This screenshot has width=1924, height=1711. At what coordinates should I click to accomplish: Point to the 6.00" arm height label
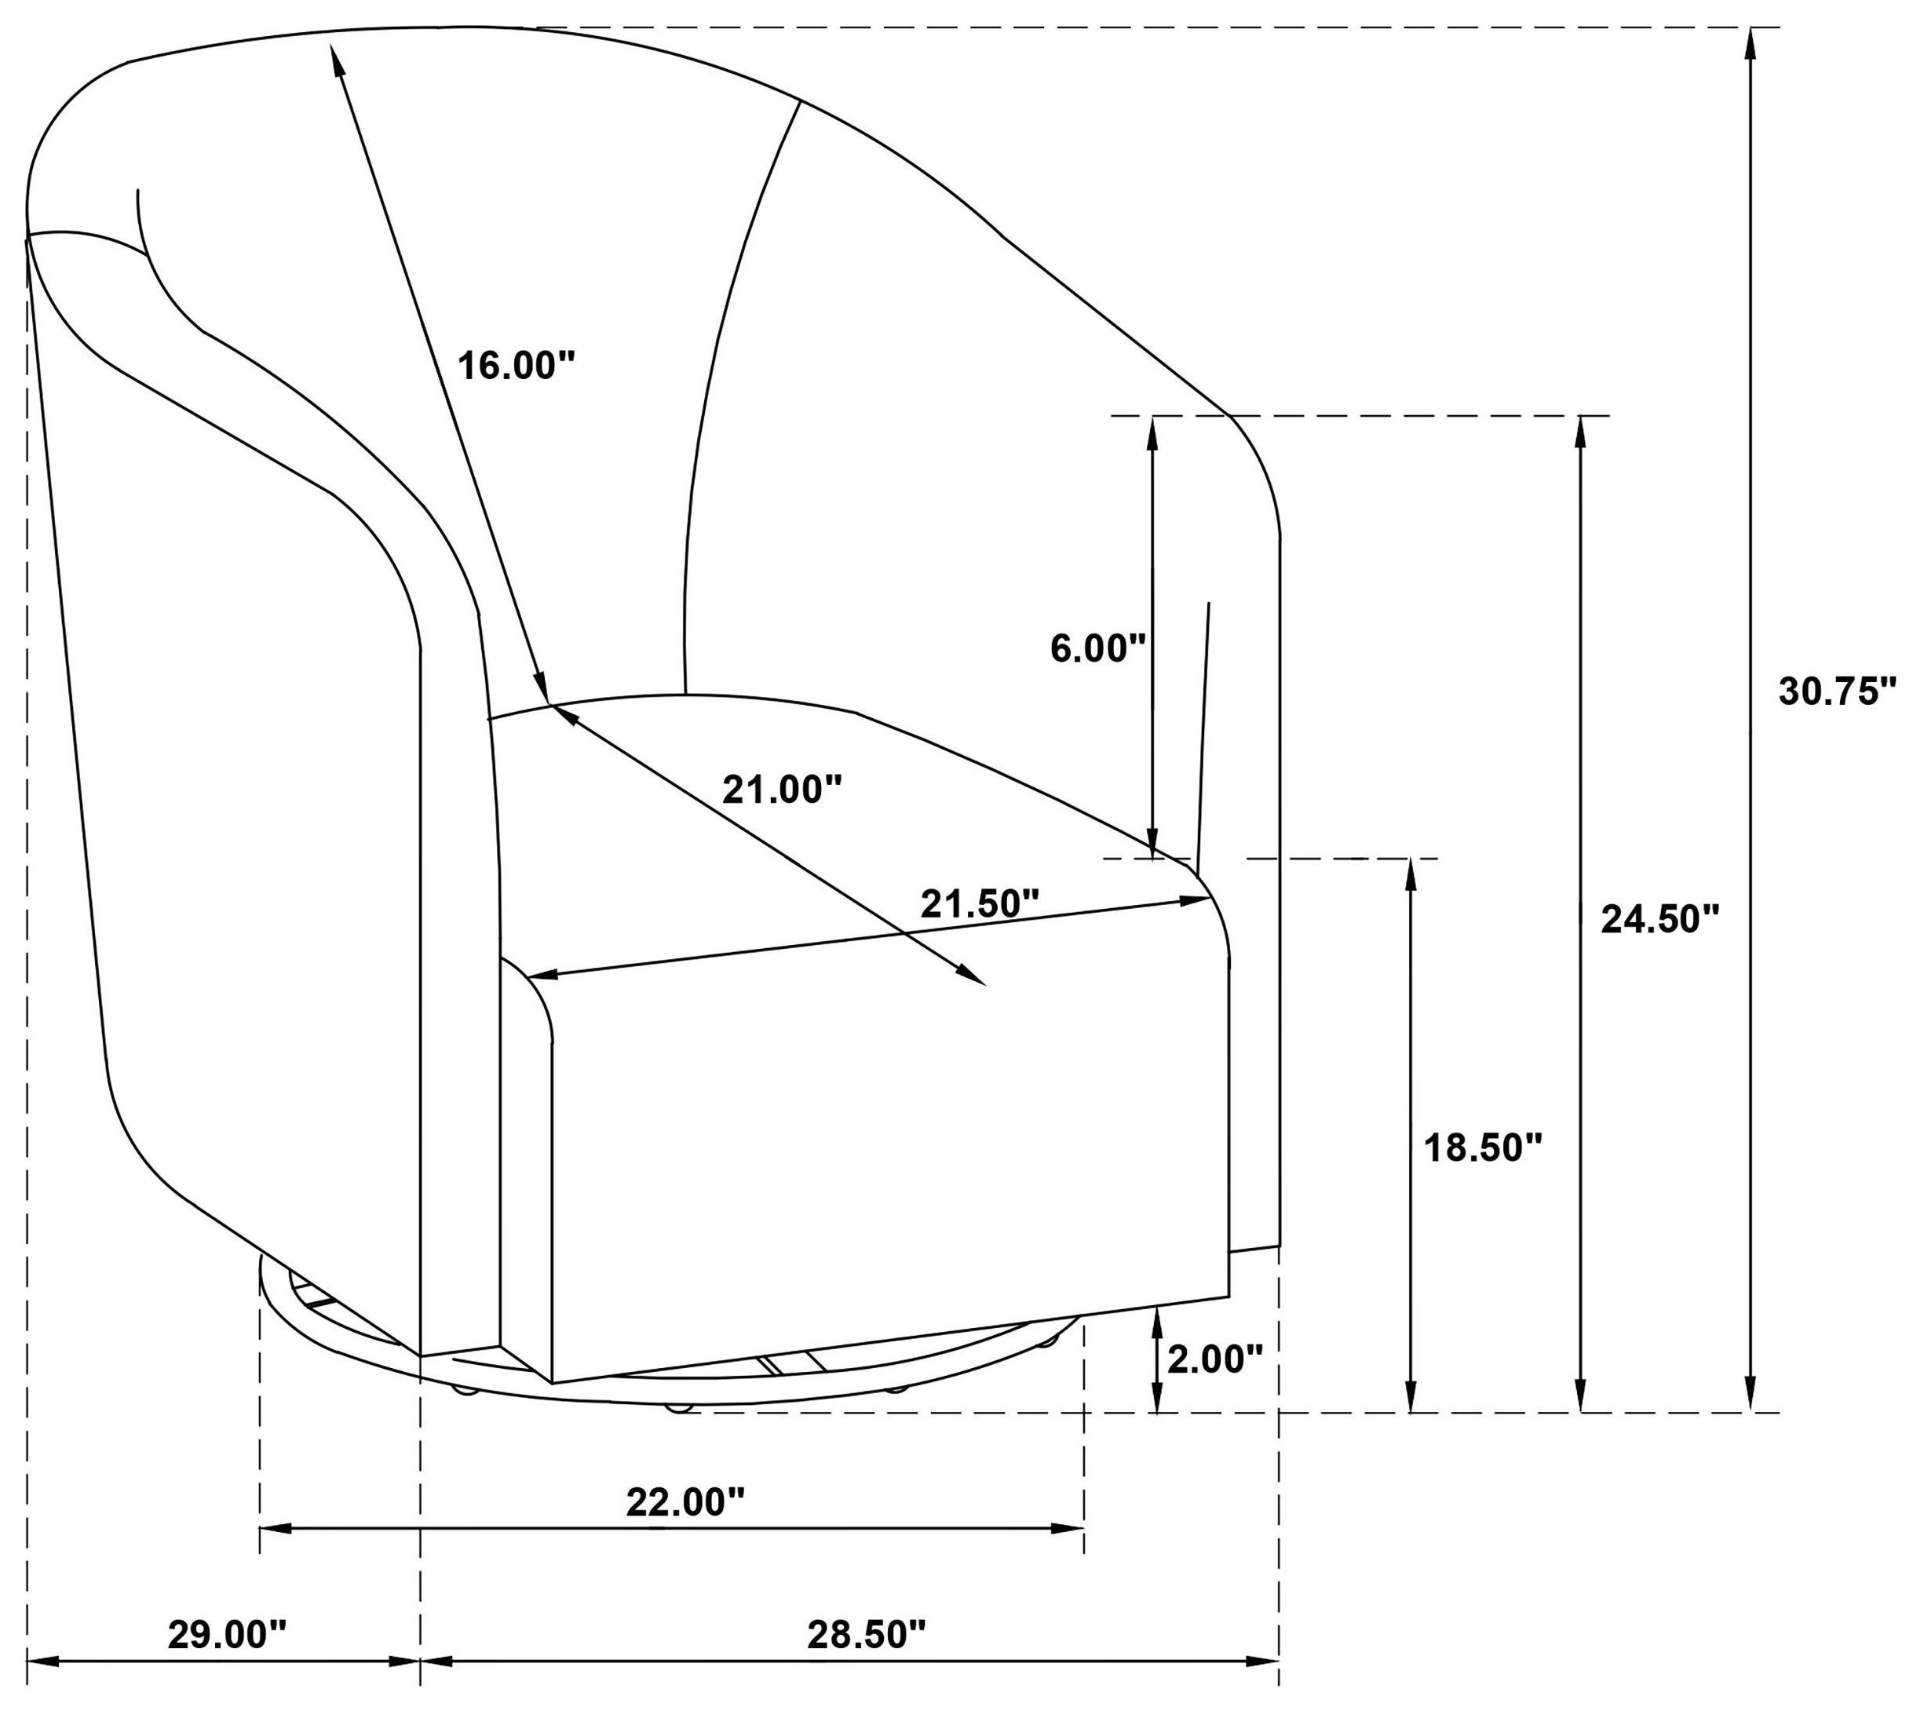1098,648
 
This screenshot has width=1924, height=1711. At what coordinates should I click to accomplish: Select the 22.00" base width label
685,1502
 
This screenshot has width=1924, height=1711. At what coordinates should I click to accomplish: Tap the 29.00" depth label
227,1635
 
